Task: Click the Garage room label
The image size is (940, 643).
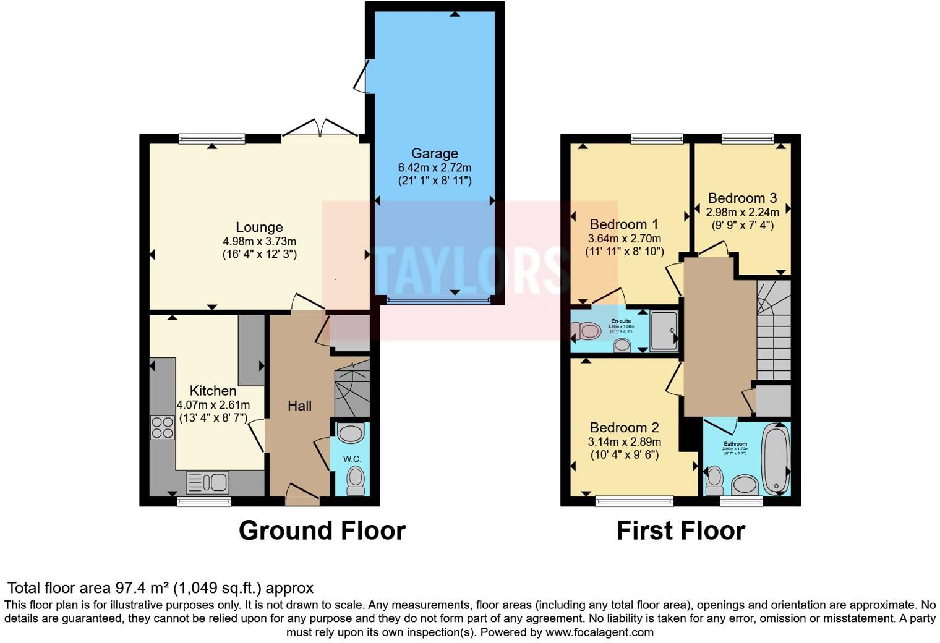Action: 434,153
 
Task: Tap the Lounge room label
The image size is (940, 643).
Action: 259,228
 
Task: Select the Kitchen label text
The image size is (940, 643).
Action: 213,391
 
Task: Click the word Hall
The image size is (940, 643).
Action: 299,406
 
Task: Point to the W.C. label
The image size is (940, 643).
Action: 352,459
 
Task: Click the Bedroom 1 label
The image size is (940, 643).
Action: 624,224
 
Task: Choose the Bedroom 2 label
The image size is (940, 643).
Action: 624,427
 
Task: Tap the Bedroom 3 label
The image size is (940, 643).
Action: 742,198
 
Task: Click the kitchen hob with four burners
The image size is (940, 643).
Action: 163,427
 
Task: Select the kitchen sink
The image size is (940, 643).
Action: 208,482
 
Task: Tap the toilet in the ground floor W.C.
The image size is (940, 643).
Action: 355,479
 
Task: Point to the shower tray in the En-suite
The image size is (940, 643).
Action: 664,331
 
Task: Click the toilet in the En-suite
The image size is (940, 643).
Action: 586,332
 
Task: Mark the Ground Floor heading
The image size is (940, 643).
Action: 322,530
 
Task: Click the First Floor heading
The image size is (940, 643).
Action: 680,530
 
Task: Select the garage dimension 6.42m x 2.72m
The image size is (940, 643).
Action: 434,168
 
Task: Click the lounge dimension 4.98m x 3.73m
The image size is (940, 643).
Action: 259,241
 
